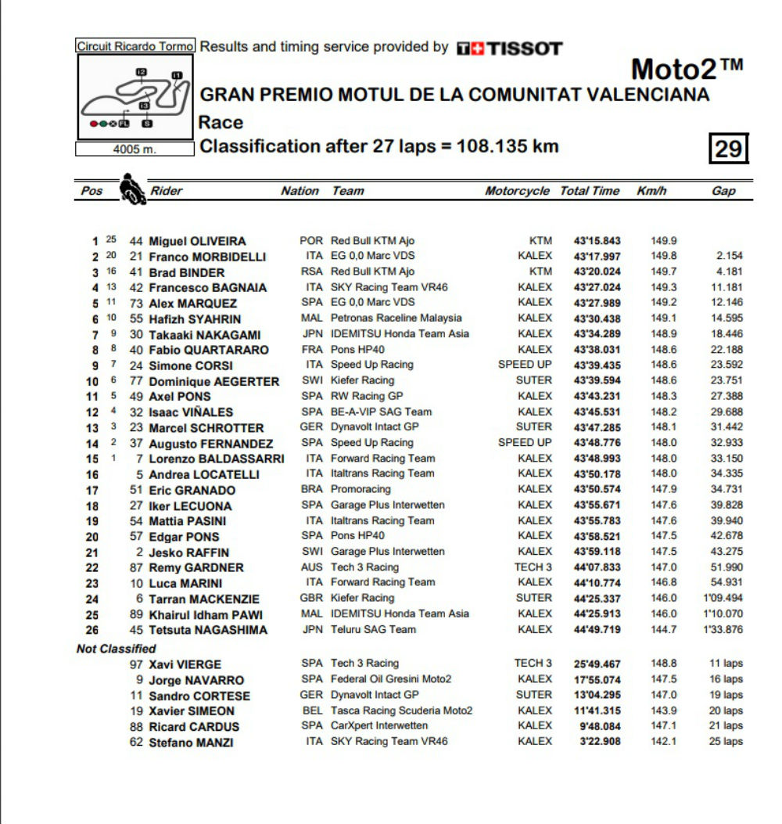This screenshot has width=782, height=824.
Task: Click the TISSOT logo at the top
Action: pyautogui.click(x=509, y=49)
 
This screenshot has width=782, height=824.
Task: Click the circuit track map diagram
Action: pyautogui.click(x=135, y=96)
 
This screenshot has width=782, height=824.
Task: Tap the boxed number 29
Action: pyautogui.click(x=728, y=148)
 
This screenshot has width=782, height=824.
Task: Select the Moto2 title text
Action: pyautogui.click(x=687, y=70)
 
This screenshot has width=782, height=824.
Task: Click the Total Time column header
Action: pyautogui.click(x=590, y=191)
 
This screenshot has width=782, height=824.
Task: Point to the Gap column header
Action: pyautogui.click(x=723, y=191)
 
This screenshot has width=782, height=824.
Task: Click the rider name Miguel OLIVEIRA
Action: pyautogui.click(x=197, y=241)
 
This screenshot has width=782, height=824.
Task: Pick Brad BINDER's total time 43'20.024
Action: pyautogui.click(x=597, y=272)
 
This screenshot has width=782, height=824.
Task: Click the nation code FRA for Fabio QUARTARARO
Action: pyautogui.click(x=311, y=350)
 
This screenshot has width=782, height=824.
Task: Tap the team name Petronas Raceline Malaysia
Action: pyautogui.click(x=396, y=318)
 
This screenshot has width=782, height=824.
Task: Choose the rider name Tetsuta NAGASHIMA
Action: pyautogui.click(x=208, y=630)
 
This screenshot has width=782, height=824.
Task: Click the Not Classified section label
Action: pyautogui.click(x=116, y=649)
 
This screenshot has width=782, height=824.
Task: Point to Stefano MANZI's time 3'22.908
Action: pyautogui.click(x=601, y=741)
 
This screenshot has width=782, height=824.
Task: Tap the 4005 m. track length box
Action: pyautogui.click(x=135, y=149)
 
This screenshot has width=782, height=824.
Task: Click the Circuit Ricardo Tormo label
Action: pyautogui.click(x=135, y=46)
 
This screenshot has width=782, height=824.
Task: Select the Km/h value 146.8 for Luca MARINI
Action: pyautogui.click(x=664, y=583)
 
